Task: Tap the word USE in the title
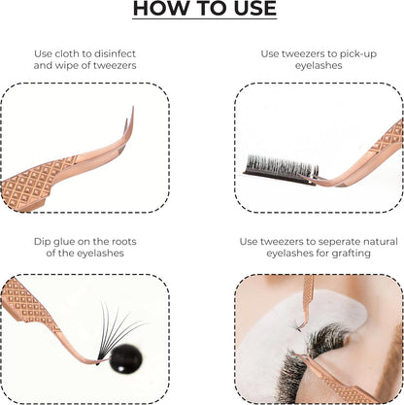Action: point(255,8)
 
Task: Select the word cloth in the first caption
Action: point(70,53)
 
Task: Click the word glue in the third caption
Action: point(65,242)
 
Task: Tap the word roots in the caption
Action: point(124,242)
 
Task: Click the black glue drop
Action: point(125,358)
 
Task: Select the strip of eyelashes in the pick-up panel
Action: point(281,170)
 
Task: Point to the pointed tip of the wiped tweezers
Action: point(133,107)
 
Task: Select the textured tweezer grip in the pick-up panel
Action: point(388,138)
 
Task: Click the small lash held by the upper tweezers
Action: point(296,325)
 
